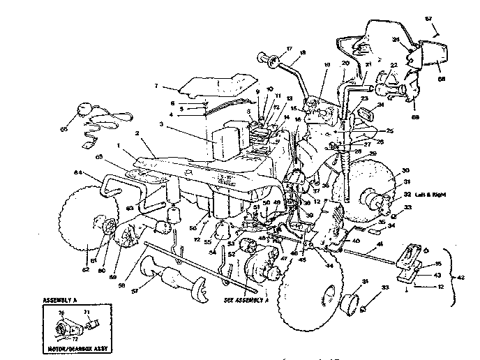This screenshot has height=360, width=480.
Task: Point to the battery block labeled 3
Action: pos(224,147)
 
